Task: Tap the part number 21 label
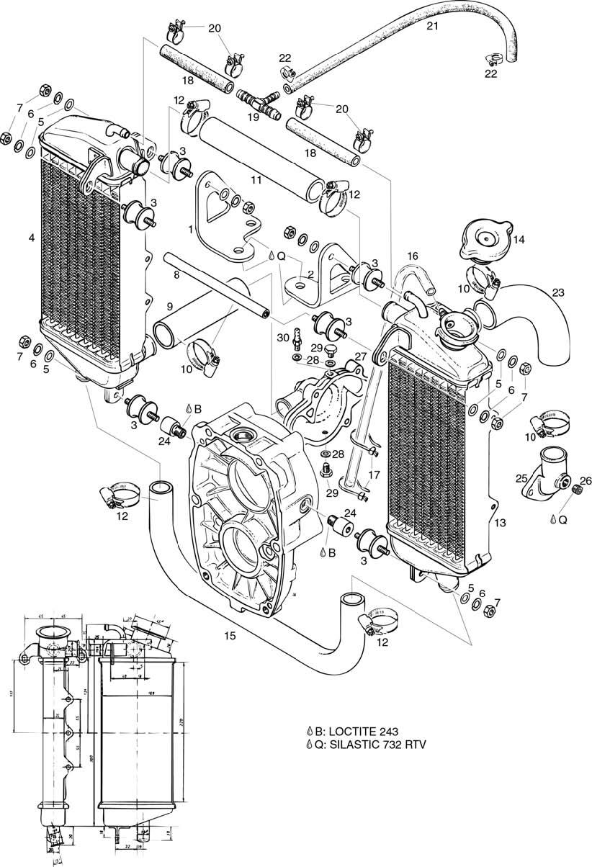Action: pyautogui.click(x=432, y=27)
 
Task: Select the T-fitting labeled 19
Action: pyautogui.click(x=260, y=99)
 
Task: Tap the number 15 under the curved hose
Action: pyautogui.click(x=230, y=636)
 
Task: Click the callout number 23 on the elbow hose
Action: pyautogui.click(x=559, y=292)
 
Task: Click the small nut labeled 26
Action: pyautogui.click(x=576, y=490)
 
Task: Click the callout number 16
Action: pyautogui.click(x=413, y=256)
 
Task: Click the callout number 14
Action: pyautogui.click(x=519, y=240)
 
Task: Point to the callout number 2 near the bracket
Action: pyautogui.click(x=310, y=274)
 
